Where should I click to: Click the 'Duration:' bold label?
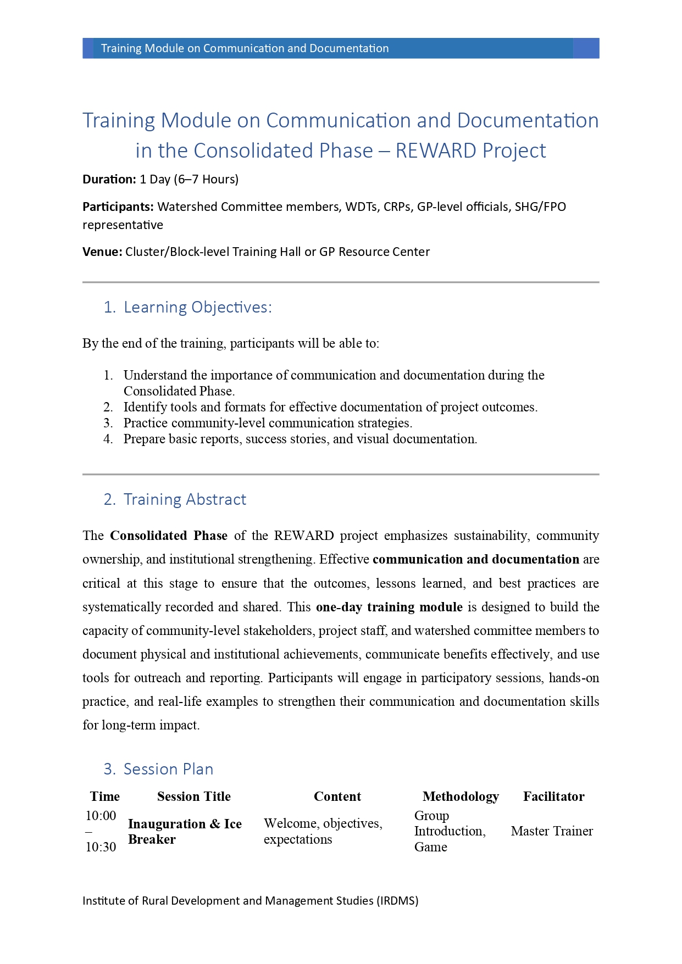pyautogui.click(x=109, y=179)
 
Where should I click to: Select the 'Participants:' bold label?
pyautogui.click(x=118, y=207)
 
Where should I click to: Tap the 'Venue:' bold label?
pyautogui.click(x=102, y=252)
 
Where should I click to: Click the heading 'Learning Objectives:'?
pyautogui.click(x=197, y=307)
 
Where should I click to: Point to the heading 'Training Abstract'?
pyautogui.click(x=185, y=499)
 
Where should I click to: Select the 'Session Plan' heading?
pyautogui.click(x=168, y=769)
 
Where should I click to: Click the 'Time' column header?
pyautogui.click(x=104, y=796)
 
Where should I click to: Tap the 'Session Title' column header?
pyautogui.click(x=193, y=796)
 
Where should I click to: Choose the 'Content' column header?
pyautogui.click(x=337, y=796)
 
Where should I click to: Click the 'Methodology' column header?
pyautogui.click(x=461, y=796)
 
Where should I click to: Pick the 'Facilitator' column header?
pyautogui.click(x=553, y=796)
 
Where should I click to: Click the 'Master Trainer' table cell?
pyautogui.click(x=552, y=831)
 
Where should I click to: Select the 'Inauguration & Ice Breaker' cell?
pyautogui.click(x=185, y=832)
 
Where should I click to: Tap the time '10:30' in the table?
pyautogui.click(x=101, y=847)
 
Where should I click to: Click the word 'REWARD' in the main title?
pyautogui.click(x=436, y=151)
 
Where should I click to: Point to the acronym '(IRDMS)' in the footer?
pyautogui.click(x=397, y=901)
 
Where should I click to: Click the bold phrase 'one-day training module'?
pyautogui.click(x=389, y=607)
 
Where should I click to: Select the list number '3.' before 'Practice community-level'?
pyautogui.click(x=108, y=423)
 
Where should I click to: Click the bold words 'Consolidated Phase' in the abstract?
pyautogui.click(x=169, y=536)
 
